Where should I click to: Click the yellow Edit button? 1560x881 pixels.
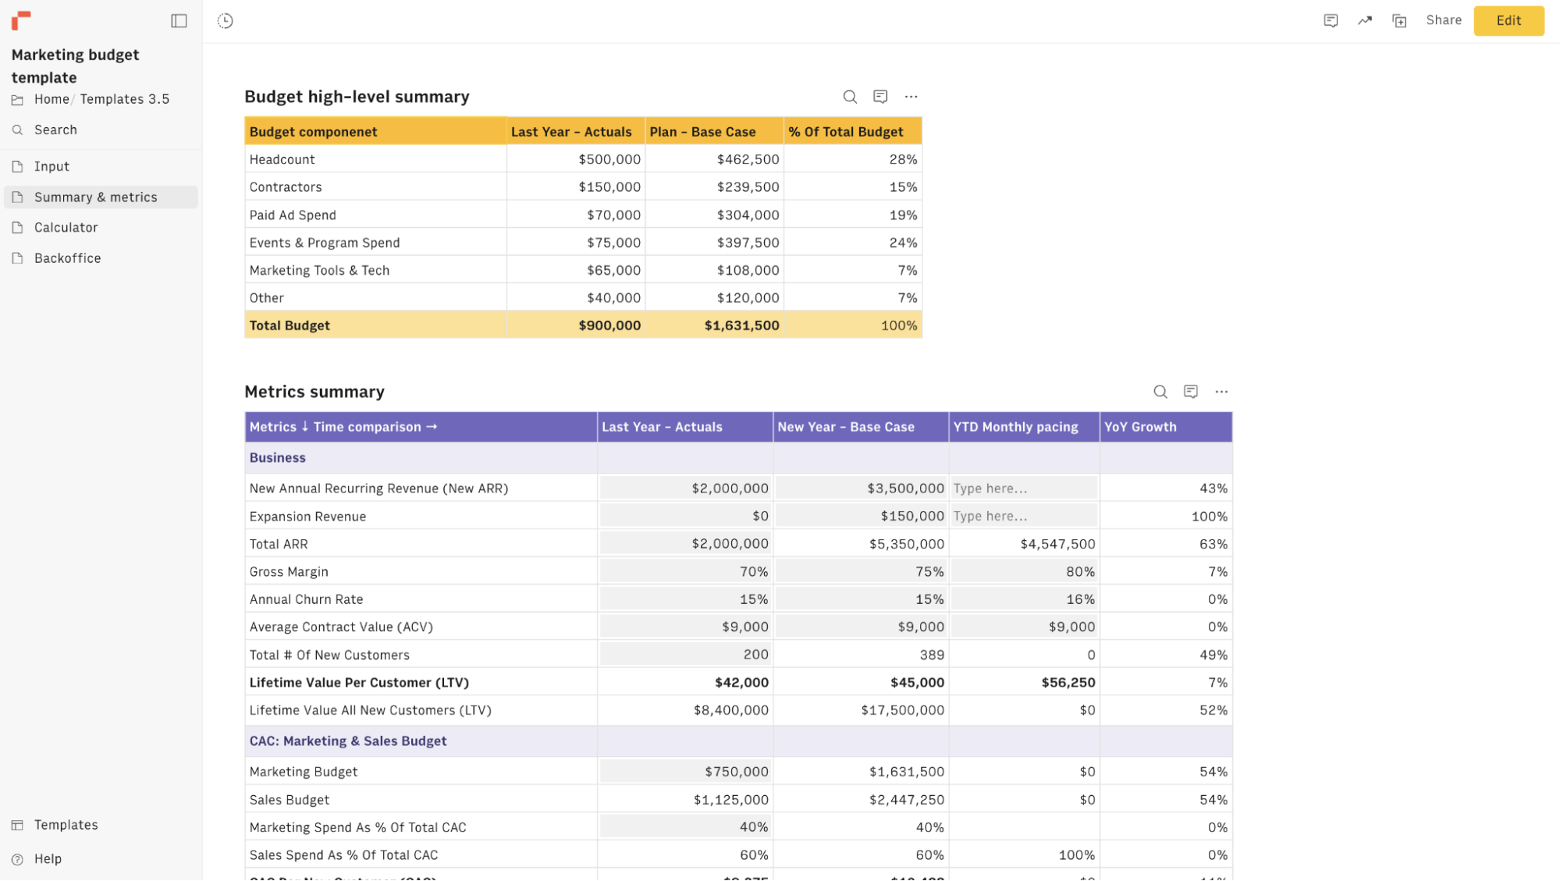pyautogui.click(x=1508, y=21)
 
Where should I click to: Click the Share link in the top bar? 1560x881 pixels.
pyautogui.click(x=1443, y=20)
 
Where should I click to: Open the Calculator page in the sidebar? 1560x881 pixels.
pyautogui.click(x=66, y=228)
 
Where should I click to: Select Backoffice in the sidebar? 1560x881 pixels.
pyautogui.click(x=67, y=258)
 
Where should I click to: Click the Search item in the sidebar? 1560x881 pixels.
pyautogui.click(x=55, y=130)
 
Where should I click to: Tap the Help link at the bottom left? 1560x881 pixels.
pyautogui.click(x=48, y=859)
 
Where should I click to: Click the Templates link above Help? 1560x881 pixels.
pyautogui.click(x=66, y=826)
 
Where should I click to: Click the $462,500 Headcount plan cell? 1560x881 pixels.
pyautogui.click(x=747, y=159)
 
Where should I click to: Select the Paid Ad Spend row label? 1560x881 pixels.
pyautogui.click(x=293, y=215)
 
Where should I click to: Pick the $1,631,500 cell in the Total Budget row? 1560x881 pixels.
pyautogui.click(x=741, y=325)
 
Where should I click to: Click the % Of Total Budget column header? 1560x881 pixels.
pyautogui.click(x=845, y=132)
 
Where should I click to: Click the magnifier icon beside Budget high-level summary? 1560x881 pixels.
pyautogui.click(x=849, y=97)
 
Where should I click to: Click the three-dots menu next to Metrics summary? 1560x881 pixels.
pyautogui.click(x=1221, y=392)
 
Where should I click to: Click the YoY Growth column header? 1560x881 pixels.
pyautogui.click(x=1139, y=427)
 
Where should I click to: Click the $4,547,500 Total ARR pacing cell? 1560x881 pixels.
pyautogui.click(x=1057, y=544)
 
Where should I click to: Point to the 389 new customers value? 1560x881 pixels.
pyautogui.click(x=931, y=655)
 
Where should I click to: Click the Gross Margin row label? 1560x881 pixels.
pyautogui.click(x=289, y=572)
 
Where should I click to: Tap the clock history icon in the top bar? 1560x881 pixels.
pyautogui.click(x=226, y=21)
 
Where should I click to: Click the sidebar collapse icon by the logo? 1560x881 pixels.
pyautogui.click(x=179, y=21)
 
